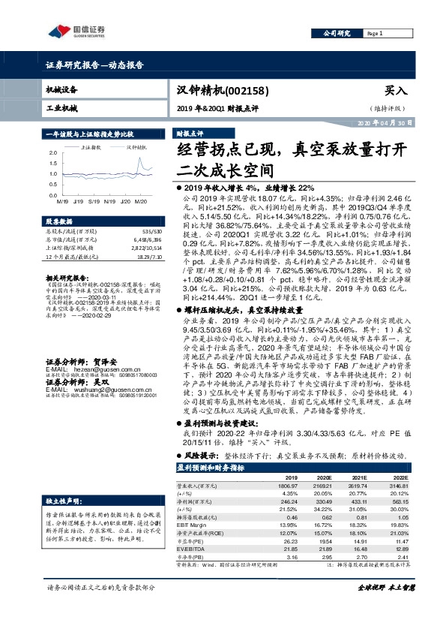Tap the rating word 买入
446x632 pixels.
(395, 90)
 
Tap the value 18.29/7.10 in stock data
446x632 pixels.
(149, 257)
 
